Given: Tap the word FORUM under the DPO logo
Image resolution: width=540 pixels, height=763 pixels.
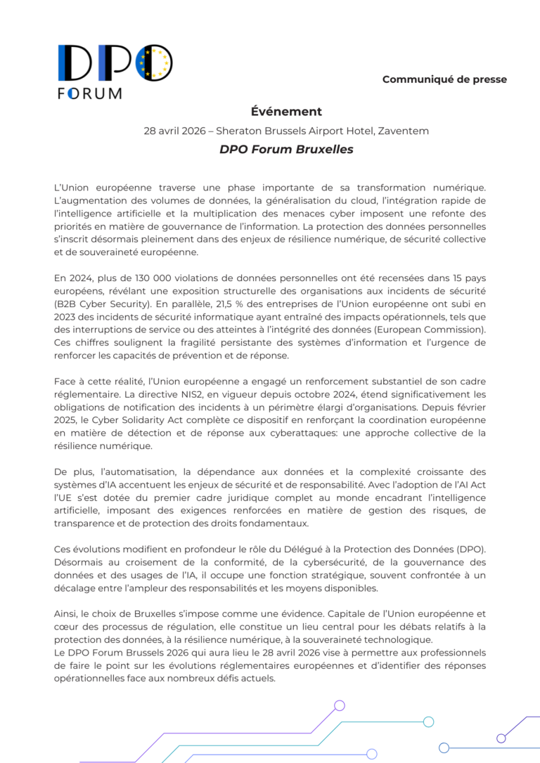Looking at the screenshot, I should pyautogui.click(x=89, y=93).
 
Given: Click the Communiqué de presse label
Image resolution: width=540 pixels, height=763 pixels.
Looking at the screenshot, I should pyautogui.click(x=444, y=79).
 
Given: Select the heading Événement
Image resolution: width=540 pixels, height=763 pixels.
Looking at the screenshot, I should pyautogui.click(x=286, y=111).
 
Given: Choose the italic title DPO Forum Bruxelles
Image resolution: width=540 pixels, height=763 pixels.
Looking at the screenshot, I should pyautogui.click(x=286, y=149).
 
